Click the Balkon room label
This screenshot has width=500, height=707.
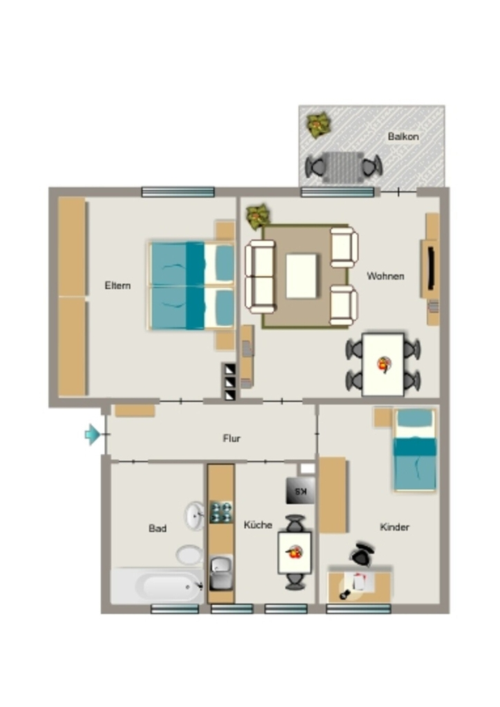(403, 136)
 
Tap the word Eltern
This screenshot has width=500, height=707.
(117, 285)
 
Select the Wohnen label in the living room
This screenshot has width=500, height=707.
(385, 276)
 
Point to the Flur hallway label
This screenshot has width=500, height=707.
(232, 438)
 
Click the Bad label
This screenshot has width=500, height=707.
(157, 528)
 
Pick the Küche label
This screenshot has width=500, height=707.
(258, 525)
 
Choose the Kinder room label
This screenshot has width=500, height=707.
(394, 527)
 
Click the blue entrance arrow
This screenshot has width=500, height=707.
(93, 434)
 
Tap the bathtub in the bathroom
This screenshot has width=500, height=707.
(157, 586)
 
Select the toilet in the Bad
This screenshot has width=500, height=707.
(189, 554)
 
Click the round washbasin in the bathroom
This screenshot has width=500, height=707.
(194, 515)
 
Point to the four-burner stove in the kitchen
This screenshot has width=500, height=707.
(221, 512)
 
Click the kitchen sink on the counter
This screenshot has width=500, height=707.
(221, 573)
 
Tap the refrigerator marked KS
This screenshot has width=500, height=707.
(300, 491)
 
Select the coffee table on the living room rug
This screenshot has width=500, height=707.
(301, 276)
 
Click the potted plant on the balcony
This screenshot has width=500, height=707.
(319, 126)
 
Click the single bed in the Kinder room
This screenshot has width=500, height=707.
(415, 449)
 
